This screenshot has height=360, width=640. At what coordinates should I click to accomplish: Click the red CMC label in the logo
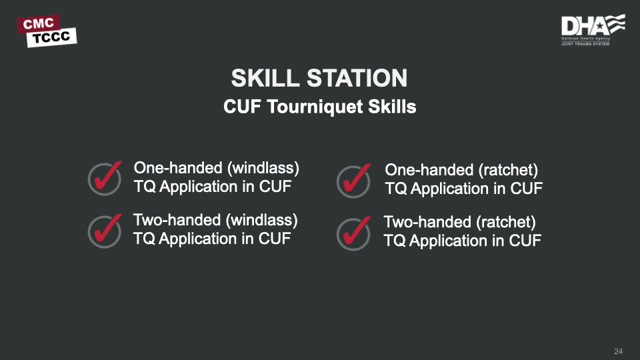[x=39, y=24]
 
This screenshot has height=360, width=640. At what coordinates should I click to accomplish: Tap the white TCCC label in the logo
[x=51, y=37]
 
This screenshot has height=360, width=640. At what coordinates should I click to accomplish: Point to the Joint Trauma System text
[x=585, y=44]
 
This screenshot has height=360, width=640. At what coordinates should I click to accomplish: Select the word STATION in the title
[x=357, y=78]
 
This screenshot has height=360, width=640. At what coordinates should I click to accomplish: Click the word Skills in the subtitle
[x=392, y=107]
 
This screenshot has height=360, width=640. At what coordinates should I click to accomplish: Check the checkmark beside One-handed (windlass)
[x=105, y=179]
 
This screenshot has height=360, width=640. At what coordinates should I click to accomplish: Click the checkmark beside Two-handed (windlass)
[x=105, y=231]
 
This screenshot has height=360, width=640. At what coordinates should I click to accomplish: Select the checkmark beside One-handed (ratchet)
[x=354, y=181]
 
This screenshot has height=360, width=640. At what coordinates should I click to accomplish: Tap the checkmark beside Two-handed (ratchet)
[x=354, y=233]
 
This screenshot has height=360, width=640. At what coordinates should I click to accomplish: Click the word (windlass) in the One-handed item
[x=263, y=168]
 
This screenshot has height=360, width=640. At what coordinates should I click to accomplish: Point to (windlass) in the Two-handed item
[x=261, y=221]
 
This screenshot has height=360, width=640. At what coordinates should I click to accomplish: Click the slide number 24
[x=619, y=351]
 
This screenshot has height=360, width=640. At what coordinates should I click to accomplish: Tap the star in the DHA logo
[x=600, y=27]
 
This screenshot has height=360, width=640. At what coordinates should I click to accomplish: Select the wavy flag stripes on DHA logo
[x=615, y=24]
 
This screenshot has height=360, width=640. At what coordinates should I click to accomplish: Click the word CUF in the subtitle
[x=242, y=107]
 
